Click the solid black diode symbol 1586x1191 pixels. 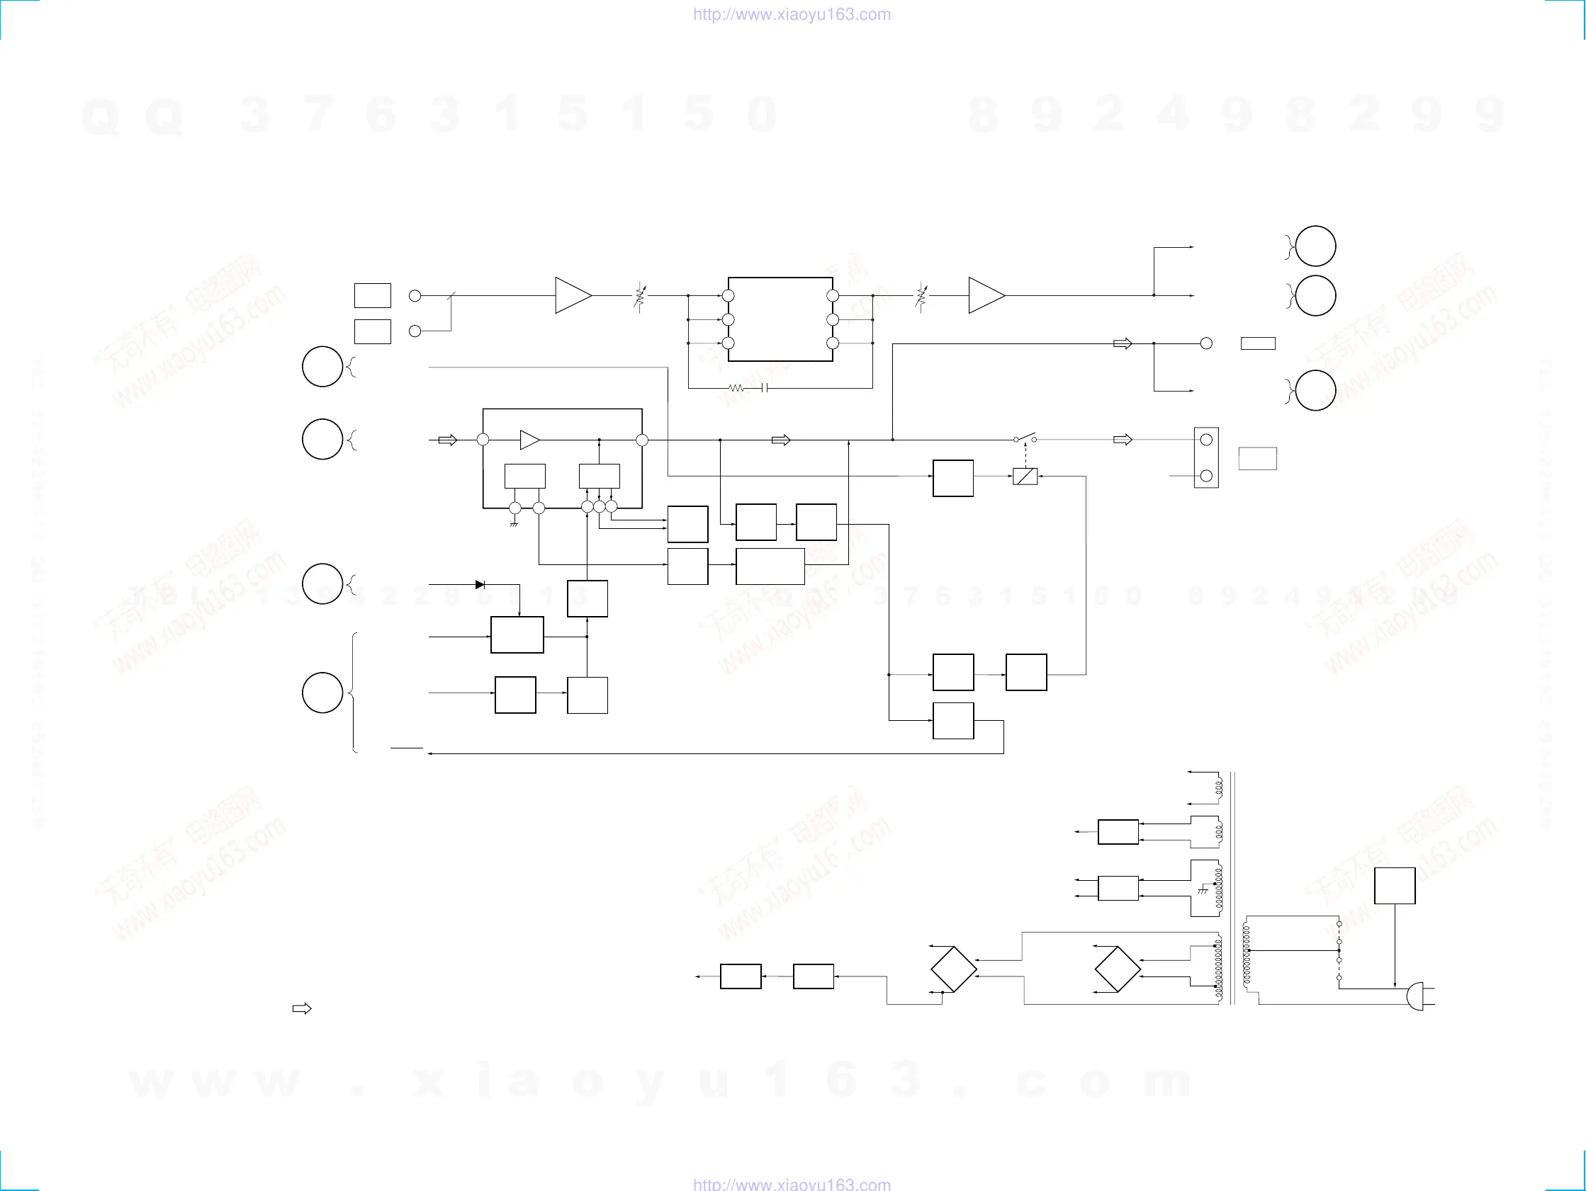480,585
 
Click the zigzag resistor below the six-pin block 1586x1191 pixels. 737,389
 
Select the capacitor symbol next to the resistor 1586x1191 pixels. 765,389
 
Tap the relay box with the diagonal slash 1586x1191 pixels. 1025,477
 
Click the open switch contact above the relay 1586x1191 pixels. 1025,438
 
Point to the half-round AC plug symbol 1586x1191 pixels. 1416,996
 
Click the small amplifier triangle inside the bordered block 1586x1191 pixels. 529,440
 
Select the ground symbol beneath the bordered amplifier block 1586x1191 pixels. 514,525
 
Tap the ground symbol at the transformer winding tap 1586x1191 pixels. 1203,890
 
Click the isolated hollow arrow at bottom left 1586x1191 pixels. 302,1009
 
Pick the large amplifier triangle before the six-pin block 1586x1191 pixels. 573,295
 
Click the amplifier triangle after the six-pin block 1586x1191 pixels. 986,295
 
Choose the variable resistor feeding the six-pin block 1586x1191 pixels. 639,296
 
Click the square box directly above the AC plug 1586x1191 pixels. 1395,886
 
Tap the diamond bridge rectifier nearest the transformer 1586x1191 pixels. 1117,969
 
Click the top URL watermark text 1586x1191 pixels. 792,14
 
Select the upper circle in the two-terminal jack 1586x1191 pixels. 1206,439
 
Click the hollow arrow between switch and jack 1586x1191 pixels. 1122,439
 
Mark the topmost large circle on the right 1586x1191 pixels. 1315,246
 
